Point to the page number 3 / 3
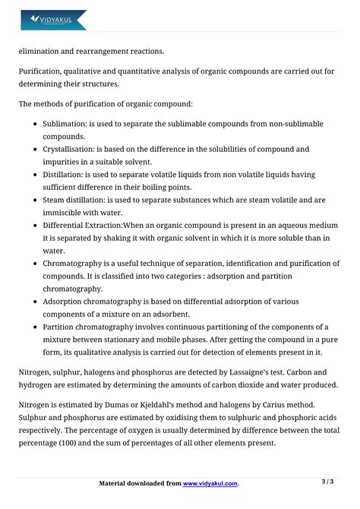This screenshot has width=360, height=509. pos(327,482)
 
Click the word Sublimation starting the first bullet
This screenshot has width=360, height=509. pos(65,123)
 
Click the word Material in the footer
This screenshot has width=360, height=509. pos(118,483)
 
